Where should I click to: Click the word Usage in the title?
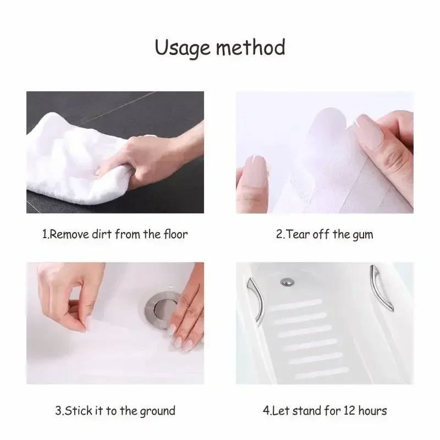(x=182, y=48)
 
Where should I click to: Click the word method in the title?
(x=250, y=48)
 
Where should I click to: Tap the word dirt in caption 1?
(x=115, y=234)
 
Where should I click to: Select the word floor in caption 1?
(x=175, y=234)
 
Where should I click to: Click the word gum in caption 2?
(x=363, y=234)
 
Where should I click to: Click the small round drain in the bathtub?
(x=286, y=282)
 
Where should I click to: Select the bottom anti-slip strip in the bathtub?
(x=319, y=373)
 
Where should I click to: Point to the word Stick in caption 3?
(x=80, y=411)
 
